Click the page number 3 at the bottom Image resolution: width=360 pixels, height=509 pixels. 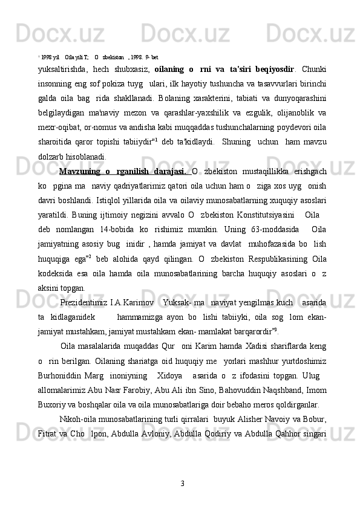coord(182,483)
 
